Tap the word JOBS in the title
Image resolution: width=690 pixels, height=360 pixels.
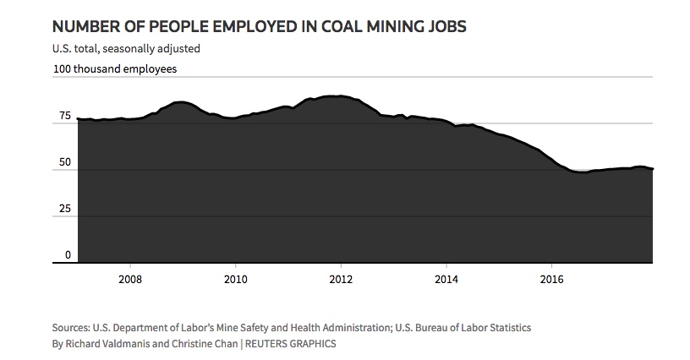tap(443, 27)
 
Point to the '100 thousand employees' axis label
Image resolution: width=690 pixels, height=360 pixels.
tap(114, 70)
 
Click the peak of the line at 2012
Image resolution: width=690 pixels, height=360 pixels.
tap(339, 96)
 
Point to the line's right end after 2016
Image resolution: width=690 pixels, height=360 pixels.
tap(653, 169)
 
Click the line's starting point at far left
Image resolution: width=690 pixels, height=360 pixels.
tap(78, 119)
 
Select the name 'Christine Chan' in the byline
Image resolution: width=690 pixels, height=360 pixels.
tap(193, 344)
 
